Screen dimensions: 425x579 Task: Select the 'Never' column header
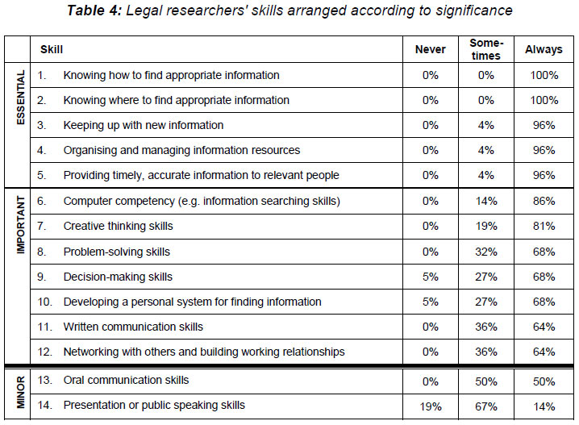coord(430,49)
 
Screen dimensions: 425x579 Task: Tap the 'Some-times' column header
coord(486,49)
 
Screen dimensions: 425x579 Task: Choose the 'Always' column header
coord(544,49)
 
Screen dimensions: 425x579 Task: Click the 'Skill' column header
coord(52,49)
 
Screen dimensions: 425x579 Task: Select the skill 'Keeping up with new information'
coord(143,125)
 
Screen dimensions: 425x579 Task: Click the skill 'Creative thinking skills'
coord(118,226)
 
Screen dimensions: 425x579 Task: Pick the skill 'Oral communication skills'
coord(126,380)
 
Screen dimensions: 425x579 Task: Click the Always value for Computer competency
coord(544,201)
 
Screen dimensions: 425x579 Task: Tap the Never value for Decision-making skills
coord(430,277)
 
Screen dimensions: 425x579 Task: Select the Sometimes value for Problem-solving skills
coord(486,252)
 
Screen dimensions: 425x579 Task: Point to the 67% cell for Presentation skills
coord(486,405)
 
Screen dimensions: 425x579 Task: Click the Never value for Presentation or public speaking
coord(430,405)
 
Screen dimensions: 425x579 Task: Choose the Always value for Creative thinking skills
coord(544,226)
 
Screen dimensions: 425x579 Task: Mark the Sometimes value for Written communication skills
coord(486,327)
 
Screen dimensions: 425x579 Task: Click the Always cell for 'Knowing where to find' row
coord(544,100)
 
